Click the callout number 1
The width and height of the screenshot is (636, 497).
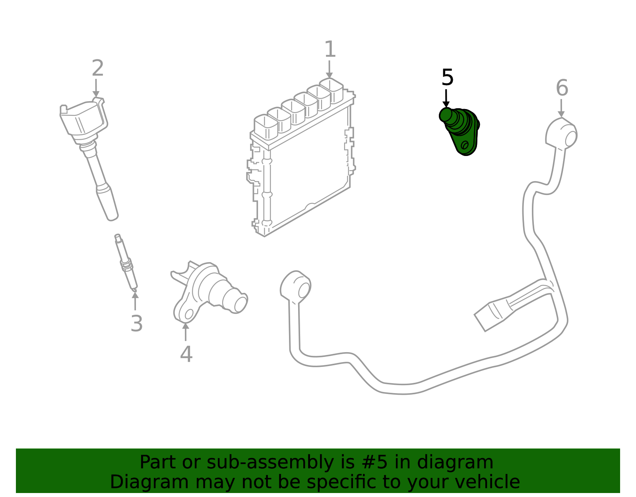click(330, 49)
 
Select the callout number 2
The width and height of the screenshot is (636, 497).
click(97, 68)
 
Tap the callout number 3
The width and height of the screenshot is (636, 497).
click(136, 324)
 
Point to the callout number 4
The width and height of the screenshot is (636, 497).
click(186, 354)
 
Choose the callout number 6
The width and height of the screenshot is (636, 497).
click(562, 88)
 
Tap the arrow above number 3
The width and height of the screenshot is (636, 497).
click(135, 300)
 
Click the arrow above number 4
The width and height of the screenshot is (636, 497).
click(186, 331)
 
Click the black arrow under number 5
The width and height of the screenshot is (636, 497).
click(446, 98)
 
